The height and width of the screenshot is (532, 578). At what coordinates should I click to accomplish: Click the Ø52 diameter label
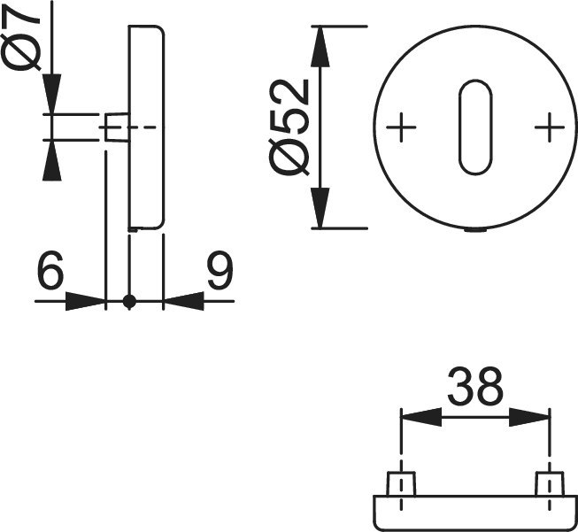click(x=289, y=127)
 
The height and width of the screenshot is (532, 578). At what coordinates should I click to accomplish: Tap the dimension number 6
click(x=50, y=270)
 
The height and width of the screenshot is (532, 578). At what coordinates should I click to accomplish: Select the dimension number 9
click(x=220, y=270)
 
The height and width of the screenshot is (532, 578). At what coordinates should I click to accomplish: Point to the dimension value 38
click(x=475, y=386)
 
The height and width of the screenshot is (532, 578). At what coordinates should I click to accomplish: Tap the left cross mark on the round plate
click(x=401, y=127)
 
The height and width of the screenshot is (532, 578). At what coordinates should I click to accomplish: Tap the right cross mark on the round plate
click(x=550, y=127)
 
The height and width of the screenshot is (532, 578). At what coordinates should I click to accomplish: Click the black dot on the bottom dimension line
click(x=129, y=301)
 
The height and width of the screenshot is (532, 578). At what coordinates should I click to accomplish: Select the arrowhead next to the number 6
click(x=85, y=301)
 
